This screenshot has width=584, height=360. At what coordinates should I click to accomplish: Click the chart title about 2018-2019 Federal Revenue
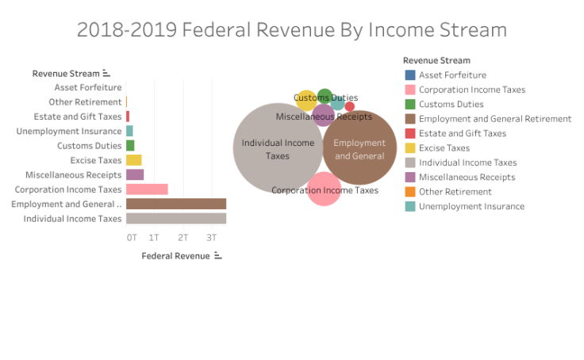click(291, 30)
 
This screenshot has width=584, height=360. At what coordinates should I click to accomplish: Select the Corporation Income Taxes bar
click(147, 190)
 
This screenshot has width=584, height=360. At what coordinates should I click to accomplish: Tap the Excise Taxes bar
click(133, 160)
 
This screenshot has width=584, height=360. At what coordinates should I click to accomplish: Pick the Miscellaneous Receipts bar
click(135, 174)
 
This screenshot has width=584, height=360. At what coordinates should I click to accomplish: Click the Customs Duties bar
click(130, 146)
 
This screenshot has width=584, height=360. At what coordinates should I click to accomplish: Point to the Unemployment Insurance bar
click(129, 131)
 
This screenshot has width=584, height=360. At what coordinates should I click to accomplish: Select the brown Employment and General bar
click(176, 204)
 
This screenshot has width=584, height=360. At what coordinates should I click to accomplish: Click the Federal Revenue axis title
click(176, 256)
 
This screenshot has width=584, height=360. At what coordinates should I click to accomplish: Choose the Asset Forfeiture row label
click(88, 87)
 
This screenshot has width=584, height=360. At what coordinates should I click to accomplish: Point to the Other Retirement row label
click(85, 101)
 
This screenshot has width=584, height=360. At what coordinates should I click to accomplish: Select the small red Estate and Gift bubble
click(350, 106)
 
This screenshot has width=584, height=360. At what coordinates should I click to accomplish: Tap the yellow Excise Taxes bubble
click(305, 101)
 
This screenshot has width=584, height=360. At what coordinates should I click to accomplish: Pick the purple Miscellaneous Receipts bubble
click(323, 117)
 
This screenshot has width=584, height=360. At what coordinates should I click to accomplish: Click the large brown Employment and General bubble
click(359, 148)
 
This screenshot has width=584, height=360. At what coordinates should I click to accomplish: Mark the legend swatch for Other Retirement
click(409, 191)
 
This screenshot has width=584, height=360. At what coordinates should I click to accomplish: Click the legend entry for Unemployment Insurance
click(471, 206)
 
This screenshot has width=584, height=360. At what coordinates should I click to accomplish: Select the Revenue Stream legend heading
click(436, 60)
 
